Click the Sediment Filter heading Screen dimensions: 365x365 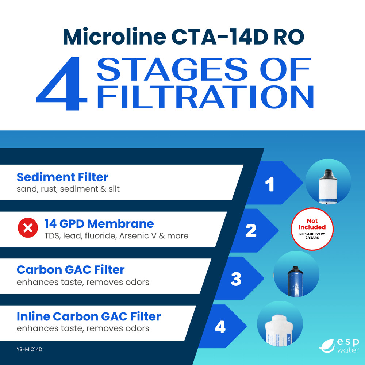click(62, 177)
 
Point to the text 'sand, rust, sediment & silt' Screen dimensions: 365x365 click(68, 189)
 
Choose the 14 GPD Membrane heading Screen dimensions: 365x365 click(99, 223)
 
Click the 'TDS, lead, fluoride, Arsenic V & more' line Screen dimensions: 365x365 click(116, 235)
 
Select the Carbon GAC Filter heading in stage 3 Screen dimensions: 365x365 click(70, 270)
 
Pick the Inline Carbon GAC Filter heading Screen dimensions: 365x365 click(89, 316)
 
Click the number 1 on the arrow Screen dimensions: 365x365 click(269, 185)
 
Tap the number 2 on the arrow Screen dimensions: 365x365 click(251, 231)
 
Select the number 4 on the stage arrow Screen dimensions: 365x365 click(220, 327)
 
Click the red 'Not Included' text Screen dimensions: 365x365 click(312, 224)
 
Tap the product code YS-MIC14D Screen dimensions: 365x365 click(30, 349)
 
